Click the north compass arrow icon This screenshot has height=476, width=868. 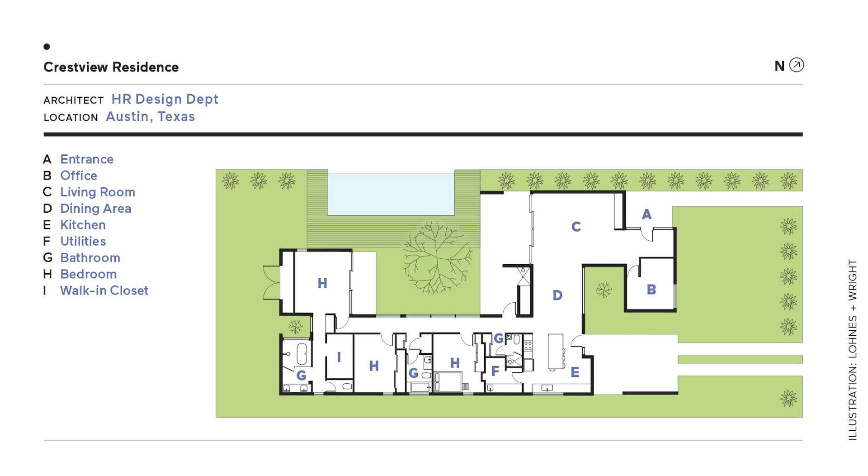click(x=797, y=65)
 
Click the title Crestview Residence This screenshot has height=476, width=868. click(x=111, y=67)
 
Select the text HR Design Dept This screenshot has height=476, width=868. click(x=165, y=99)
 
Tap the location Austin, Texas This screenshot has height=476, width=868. click(x=150, y=117)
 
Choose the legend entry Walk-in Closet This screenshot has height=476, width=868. click(x=104, y=290)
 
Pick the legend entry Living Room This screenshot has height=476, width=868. click(x=98, y=192)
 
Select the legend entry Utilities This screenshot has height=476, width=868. click(x=83, y=241)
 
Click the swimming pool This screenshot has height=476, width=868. click(x=391, y=195)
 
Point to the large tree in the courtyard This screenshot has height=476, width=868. click(x=437, y=257)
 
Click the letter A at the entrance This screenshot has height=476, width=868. click(x=647, y=214)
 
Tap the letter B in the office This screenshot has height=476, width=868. click(x=651, y=290)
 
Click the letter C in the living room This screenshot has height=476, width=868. click(x=576, y=227)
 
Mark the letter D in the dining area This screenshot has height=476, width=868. click(x=557, y=295)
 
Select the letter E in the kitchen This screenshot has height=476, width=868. click(x=575, y=372)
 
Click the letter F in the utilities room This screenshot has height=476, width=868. click(x=495, y=371)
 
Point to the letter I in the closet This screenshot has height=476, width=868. click(x=339, y=357)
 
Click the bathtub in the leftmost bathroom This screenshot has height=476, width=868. click(x=302, y=354)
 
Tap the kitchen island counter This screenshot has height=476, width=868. click(x=556, y=352)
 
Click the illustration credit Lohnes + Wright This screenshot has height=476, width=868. click(x=853, y=350)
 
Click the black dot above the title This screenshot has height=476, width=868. click(x=47, y=47)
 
